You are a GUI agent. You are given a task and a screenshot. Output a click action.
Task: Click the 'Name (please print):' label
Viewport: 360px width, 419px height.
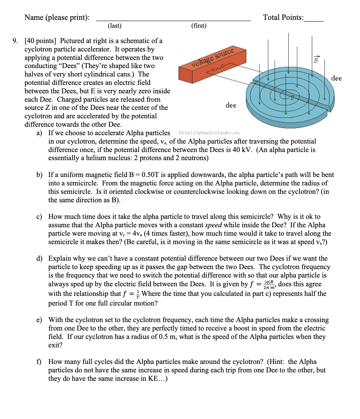click(57, 17)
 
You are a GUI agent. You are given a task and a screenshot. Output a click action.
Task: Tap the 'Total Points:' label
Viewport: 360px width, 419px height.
click(283, 17)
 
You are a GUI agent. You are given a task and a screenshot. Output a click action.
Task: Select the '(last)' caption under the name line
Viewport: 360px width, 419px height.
click(115, 26)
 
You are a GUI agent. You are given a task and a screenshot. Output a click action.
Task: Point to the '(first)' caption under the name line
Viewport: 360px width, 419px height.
click(199, 26)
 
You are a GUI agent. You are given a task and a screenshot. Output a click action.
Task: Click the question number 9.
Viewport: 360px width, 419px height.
click(15, 41)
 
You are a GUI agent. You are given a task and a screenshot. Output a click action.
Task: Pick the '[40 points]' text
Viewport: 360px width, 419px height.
click(40, 41)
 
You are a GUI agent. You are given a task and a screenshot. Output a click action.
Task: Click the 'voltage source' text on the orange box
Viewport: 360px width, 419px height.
click(213, 57)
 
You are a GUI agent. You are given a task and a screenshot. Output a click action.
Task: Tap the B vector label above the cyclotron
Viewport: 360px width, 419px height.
click(316, 60)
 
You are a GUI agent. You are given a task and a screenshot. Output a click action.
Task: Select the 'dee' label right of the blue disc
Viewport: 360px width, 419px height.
click(336, 78)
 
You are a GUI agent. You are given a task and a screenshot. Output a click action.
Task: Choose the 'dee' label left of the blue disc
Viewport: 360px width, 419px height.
click(231, 105)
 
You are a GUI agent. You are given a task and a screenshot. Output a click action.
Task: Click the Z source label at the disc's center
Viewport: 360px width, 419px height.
click(292, 97)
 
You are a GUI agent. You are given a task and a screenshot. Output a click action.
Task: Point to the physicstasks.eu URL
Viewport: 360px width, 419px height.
click(209, 133)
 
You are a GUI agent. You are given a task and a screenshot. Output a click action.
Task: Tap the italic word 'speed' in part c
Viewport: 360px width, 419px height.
click(213, 225)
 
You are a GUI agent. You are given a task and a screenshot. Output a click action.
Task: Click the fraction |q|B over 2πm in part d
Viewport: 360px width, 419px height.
click(269, 284)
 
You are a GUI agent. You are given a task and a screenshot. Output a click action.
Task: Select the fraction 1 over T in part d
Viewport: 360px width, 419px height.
click(138, 294)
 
